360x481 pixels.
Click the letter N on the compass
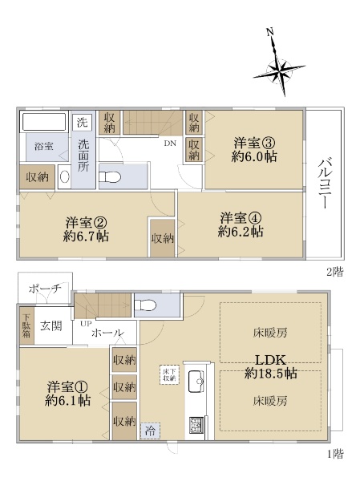pos(269,32)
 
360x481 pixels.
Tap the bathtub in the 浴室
pos(44,122)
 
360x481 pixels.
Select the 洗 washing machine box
pos(82,123)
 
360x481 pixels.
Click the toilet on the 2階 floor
pos(110,177)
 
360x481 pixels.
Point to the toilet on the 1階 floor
pos(145,305)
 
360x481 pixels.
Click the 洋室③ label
pos(254,143)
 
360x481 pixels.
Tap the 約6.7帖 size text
pos(87,236)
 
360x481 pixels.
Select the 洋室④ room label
pos(241,218)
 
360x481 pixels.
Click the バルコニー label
pos(324,183)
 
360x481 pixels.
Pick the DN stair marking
pos(170,143)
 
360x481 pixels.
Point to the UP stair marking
pos(86,324)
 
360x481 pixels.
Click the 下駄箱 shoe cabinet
pos(26,325)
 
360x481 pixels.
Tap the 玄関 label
pos(51,325)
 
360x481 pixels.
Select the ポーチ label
pos(45,289)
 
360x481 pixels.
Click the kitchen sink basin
pos(196,381)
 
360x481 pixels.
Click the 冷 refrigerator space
pos(150,431)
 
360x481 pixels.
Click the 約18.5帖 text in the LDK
pos(271,374)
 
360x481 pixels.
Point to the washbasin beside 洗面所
pos(64,177)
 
